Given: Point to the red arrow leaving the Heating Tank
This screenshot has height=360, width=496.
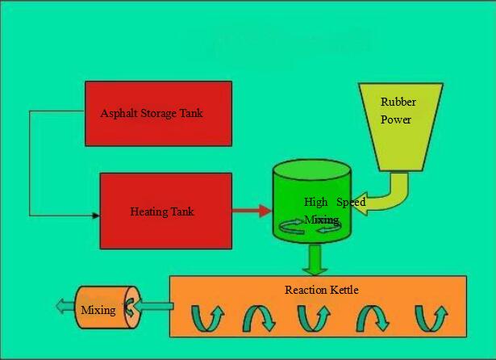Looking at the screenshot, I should tap(252, 211).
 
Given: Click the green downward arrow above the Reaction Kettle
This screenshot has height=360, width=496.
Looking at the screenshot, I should tap(315, 259).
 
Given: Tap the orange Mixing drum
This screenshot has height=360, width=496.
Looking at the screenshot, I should tap(108, 308).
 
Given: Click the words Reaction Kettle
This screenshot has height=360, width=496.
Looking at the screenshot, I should tap(322, 290).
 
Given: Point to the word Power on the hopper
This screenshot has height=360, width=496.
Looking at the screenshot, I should tap(396, 119).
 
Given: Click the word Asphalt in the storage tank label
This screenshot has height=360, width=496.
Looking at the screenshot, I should tap(119, 113).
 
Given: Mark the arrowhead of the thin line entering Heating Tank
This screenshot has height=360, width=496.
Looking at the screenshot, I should tap(96, 216).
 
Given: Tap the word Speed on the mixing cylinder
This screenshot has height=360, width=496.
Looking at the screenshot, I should tap(351, 202).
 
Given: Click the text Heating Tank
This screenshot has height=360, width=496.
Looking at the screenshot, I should tap(162, 211).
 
